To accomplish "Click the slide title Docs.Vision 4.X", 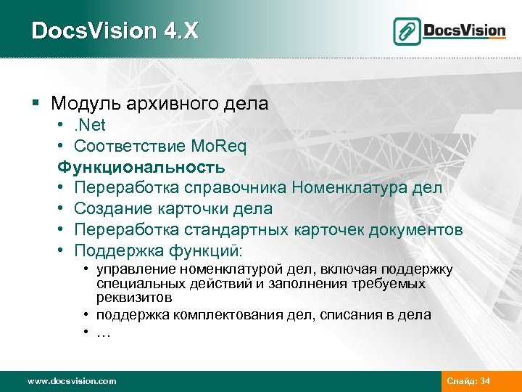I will [x=115, y=31].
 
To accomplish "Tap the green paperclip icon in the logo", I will [x=407, y=31].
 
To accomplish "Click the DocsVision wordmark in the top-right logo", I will [x=463, y=30].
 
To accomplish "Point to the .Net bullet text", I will [x=91, y=126].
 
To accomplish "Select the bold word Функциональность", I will [x=142, y=168].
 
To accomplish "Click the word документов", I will [x=416, y=230].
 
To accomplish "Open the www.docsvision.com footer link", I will [x=71, y=381].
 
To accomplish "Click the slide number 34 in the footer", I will [x=486, y=381].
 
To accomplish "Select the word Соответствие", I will [x=120, y=147].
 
